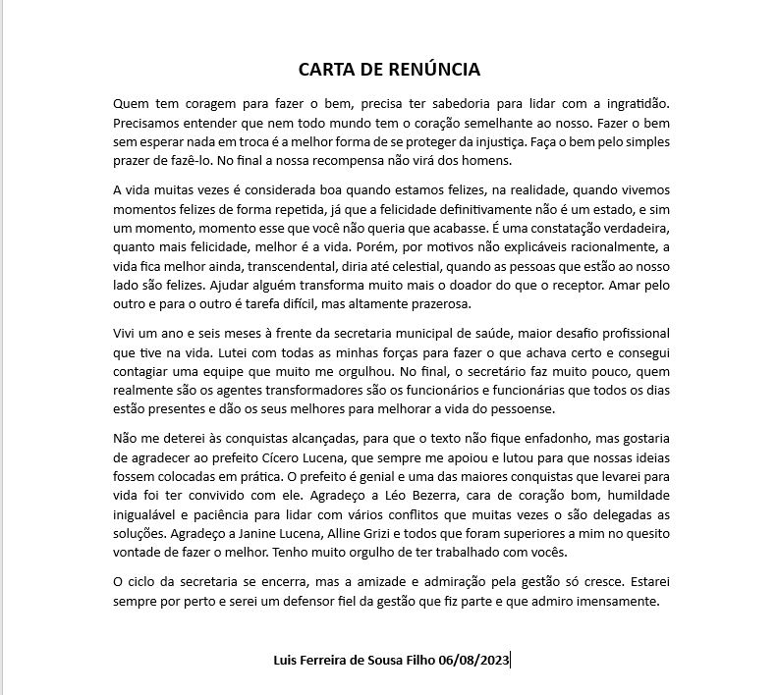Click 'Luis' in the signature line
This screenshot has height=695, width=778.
click(287, 661)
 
